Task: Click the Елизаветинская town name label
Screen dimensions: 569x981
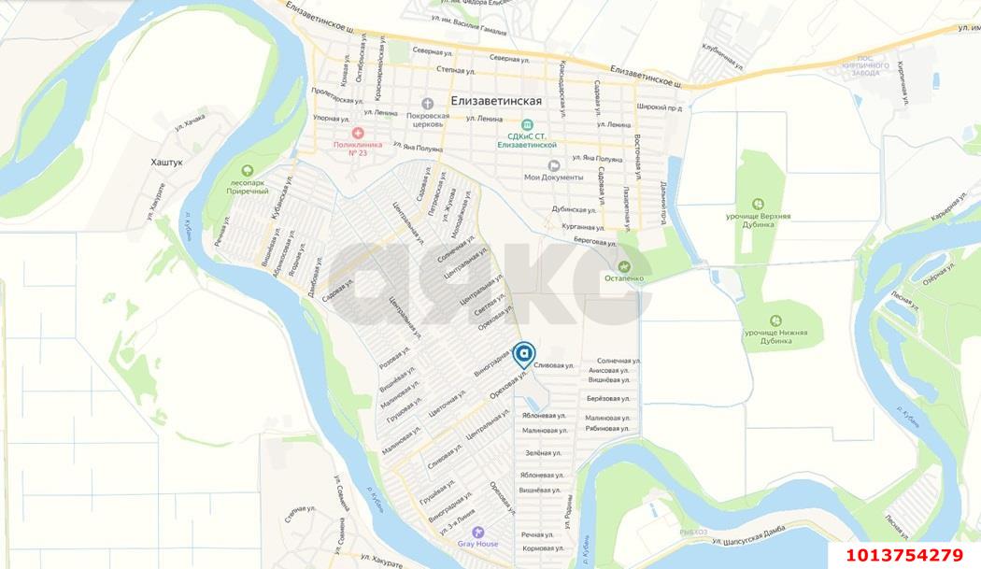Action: tap(495, 100)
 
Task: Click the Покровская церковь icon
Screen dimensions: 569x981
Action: tap(428, 103)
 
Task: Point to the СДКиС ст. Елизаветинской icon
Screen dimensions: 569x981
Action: tap(527, 124)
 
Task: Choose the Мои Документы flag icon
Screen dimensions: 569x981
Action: tap(553, 165)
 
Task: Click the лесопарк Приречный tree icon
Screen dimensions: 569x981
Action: tap(248, 171)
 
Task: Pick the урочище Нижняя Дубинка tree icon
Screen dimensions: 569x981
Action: tap(775, 320)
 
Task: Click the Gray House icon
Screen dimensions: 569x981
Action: tap(477, 532)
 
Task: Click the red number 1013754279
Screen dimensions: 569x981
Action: tap(904, 555)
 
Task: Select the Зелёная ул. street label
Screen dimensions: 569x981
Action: tap(543, 453)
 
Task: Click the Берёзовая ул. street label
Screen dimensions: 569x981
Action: tap(607, 399)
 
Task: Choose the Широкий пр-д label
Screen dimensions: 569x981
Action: tap(660, 107)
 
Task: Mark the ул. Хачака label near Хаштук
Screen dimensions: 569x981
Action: tap(190, 121)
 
